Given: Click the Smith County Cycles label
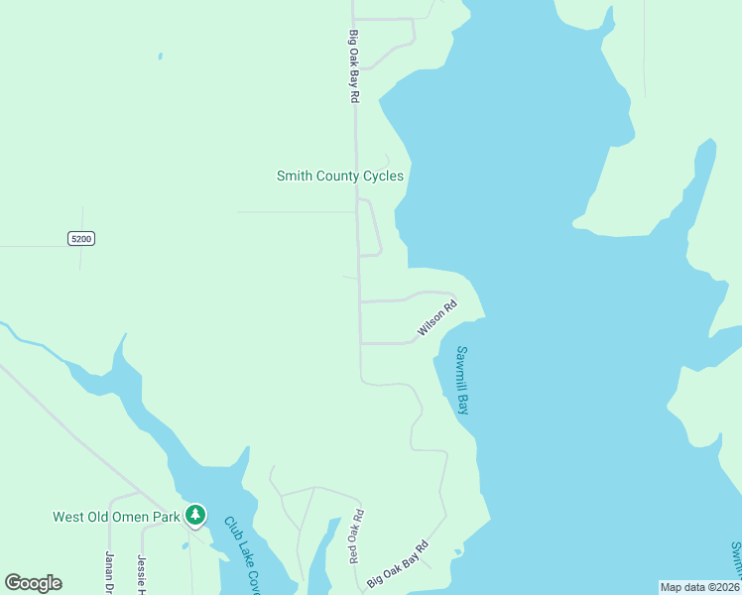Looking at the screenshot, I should [339, 177].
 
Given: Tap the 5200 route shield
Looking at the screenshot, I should [81, 238].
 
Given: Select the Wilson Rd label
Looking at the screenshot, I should [436, 318].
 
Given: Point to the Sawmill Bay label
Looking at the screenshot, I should [461, 381].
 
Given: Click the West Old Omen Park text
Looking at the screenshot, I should [116, 517].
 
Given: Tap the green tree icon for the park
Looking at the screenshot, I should [196, 514].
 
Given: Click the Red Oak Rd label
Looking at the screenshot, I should [356, 536].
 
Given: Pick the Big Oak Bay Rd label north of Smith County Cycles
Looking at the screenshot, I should [353, 66].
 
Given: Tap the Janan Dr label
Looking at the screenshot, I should [109, 573].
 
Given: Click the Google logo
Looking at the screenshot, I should [33, 583].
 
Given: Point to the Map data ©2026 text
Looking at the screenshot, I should [699, 587].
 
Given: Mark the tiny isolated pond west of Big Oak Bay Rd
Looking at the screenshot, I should [160, 56].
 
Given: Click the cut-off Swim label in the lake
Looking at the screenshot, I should [735, 561].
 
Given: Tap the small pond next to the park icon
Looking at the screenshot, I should [185, 545].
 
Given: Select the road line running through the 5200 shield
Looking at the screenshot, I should [40, 246].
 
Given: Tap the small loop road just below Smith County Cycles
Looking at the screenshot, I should [374, 228].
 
